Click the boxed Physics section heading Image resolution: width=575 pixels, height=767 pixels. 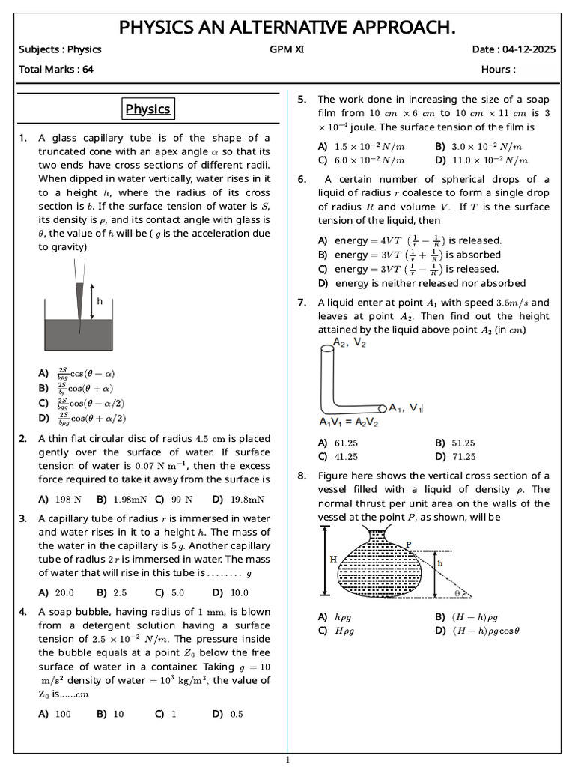tap(148, 109)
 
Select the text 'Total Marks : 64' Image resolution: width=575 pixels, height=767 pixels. tap(51, 70)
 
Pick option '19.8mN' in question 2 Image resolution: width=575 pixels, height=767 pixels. tap(238, 499)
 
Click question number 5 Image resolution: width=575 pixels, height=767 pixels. tap(302, 100)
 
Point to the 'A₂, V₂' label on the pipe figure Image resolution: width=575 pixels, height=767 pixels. tap(350, 342)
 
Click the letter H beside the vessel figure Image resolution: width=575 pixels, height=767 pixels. tap(313, 559)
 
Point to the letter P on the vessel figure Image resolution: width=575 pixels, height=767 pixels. tap(408, 545)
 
